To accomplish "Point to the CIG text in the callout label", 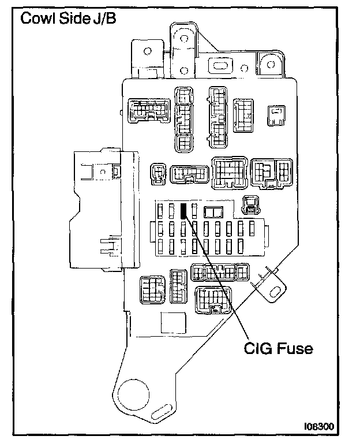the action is click(257, 348).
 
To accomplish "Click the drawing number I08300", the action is click(318, 427).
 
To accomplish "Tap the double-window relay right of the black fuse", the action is click(213, 210).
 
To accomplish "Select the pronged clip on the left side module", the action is click(108, 245).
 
